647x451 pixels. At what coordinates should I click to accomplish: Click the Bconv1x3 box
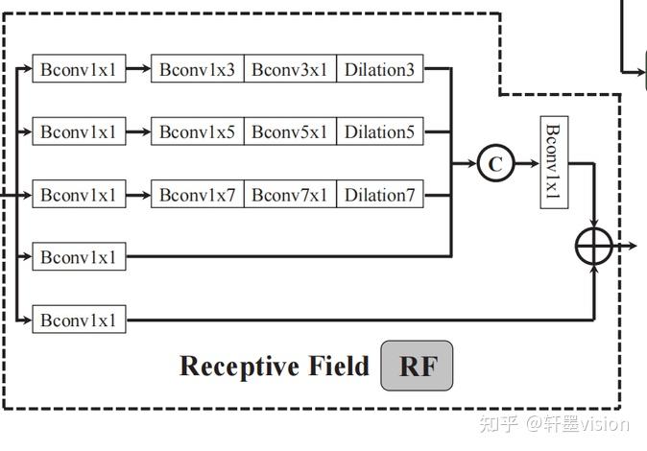click(197, 69)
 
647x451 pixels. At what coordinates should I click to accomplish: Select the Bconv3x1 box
click(290, 69)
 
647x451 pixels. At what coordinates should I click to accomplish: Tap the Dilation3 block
click(379, 69)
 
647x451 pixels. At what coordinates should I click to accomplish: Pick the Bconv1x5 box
click(197, 131)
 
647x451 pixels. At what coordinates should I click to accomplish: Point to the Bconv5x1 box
click(290, 131)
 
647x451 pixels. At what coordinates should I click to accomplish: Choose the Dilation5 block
click(379, 131)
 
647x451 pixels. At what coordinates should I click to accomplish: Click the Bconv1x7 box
click(197, 195)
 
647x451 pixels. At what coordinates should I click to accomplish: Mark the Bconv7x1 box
click(290, 195)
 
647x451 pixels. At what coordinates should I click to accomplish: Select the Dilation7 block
click(379, 195)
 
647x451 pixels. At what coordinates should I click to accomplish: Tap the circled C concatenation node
click(494, 164)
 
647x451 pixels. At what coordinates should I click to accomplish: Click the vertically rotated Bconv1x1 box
click(553, 164)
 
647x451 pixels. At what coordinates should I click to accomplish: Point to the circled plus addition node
click(594, 247)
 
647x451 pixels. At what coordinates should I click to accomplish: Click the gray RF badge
click(417, 366)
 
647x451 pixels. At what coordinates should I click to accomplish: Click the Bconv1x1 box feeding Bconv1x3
click(79, 69)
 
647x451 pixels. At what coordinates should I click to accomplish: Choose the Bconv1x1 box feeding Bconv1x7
click(79, 195)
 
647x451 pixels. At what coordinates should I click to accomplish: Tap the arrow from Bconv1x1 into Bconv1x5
click(138, 131)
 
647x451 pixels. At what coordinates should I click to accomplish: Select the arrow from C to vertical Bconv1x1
click(526, 164)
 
